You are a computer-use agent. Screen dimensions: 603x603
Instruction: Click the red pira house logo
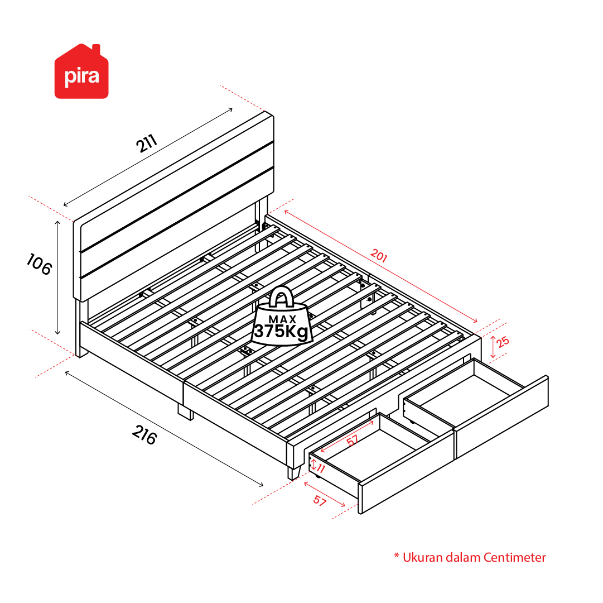pos(81,71)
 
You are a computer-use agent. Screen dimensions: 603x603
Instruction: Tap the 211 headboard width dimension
pos(147,143)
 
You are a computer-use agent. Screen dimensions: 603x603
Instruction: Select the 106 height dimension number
pos(39,264)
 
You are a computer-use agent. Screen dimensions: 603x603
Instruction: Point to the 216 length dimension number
pos(144,434)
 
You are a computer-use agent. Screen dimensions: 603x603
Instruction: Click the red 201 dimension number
pos(379,255)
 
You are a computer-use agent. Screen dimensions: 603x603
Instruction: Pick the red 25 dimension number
pos(502,341)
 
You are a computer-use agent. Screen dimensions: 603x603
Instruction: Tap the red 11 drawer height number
pos(321,468)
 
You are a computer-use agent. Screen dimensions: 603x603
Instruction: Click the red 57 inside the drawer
pos(352,440)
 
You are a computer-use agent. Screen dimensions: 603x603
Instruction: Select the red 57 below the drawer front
pos(320,500)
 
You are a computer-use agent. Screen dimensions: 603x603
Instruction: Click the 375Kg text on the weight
pos(282,331)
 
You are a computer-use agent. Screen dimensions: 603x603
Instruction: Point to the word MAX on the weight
pos(282,319)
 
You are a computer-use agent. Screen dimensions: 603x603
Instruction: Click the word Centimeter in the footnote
pos(514,557)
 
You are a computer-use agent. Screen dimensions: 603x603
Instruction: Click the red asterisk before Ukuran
pos(397,556)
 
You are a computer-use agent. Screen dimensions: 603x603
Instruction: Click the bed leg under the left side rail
pos(186,412)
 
